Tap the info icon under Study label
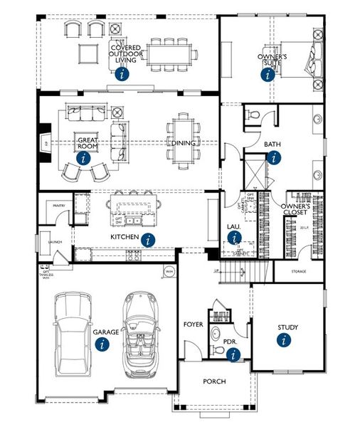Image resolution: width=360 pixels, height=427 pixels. point(285,340)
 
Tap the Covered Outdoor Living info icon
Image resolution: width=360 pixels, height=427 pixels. point(125,73)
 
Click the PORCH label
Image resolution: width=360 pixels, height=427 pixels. point(214,382)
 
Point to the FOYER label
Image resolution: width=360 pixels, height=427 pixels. point(193,325)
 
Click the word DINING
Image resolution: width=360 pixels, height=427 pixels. point(179,143)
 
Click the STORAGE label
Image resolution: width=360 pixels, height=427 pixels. point(298,271)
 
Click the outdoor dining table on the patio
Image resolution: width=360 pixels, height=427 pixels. point(171,53)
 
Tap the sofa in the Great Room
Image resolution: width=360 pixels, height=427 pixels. point(84,112)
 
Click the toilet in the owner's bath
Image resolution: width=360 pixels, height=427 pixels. point(253,115)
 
